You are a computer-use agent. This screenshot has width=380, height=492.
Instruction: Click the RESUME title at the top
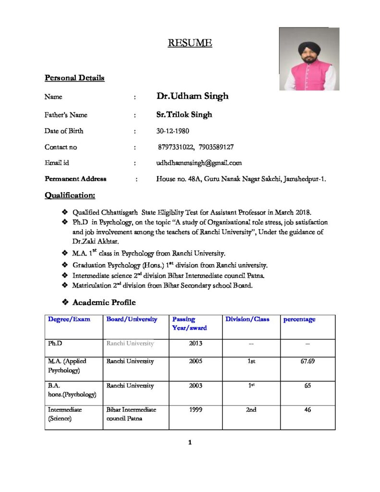(x=190, y=43)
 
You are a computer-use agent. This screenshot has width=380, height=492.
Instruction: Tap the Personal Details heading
(x=74, y=78)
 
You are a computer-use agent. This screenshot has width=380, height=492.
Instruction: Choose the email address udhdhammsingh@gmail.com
(x=199, y=163)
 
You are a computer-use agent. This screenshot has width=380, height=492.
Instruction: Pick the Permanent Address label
(x=75, y=179)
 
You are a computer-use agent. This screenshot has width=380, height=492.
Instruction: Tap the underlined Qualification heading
(x=70, y=195)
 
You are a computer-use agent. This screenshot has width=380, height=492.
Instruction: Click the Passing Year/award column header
(x=189, y=323)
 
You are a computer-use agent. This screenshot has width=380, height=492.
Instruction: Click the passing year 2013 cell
(x=196, y=343)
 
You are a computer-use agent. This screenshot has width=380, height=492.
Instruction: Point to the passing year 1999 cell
(x=196, y=410)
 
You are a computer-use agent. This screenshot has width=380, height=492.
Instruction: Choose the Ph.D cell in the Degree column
(x=55, y=343)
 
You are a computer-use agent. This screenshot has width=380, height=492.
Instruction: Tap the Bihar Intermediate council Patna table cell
(x=131, y=414)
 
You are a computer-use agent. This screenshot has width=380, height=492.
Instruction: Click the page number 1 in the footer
(x=190, y=443)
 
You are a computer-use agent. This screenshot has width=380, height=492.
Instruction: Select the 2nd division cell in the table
(x=251, y=410)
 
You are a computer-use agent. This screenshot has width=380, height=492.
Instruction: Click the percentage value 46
(x=307, y=410)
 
